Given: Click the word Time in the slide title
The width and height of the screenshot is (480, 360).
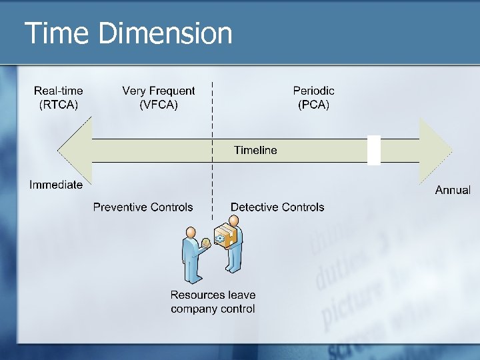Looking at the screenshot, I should tap(56, 33).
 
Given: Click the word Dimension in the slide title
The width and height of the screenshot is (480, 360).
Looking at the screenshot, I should tap(165, 33).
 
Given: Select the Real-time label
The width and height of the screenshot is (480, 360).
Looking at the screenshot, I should tap(59, 91).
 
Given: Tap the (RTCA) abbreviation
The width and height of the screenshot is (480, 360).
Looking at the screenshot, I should tap(59, 105).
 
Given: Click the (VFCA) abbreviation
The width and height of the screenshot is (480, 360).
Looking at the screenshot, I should tap(159, 105).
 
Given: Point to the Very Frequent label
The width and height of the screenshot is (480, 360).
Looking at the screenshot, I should tap(159, 91).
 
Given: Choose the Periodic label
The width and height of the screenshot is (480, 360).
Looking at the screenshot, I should tap(313, 91).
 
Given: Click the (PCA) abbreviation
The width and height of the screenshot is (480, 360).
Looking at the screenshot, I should tap(313, 105).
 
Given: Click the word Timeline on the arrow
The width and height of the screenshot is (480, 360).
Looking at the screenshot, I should tap(255, 150).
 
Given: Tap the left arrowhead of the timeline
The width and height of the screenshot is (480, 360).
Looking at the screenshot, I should tap(72, 150).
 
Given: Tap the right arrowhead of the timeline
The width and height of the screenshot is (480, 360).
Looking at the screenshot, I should tap(436, 150).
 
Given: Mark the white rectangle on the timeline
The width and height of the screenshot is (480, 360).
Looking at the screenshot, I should tap(374, 150).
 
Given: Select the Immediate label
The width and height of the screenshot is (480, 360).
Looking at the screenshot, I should tap(56, 185).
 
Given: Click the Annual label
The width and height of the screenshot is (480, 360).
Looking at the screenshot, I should tap(453, 190).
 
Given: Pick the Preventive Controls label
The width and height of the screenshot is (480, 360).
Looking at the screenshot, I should tap(143, 207).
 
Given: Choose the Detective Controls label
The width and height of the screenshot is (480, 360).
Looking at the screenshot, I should tap(277, 207).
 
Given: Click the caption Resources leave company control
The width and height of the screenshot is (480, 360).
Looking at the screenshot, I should tap(213, 301).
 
